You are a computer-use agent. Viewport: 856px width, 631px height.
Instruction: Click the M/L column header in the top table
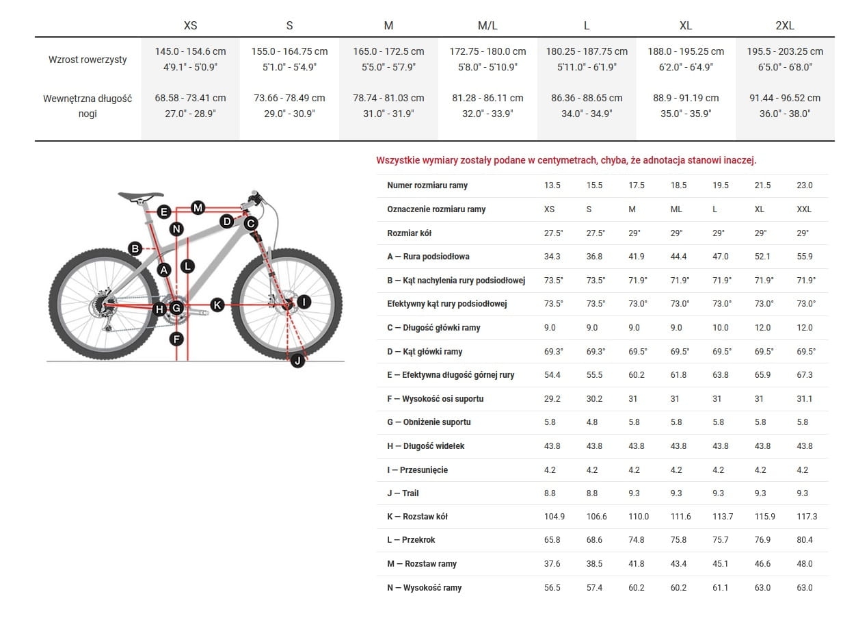point(487,26)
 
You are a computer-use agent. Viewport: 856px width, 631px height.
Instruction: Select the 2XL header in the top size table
point(785,26)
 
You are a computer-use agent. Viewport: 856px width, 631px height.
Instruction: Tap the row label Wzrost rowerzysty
point(88,60)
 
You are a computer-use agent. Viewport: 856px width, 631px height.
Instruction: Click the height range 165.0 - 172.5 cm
point(388,51)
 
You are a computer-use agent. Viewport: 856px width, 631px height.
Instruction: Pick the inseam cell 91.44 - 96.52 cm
point(785,98)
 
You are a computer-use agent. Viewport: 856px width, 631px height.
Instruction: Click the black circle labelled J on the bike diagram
point(297,361)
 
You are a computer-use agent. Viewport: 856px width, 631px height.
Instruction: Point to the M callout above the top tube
point(198,207)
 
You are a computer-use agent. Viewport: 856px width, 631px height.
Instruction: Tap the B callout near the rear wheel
point(135,248)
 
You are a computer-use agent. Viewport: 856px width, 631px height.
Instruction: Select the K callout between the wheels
point(217,305)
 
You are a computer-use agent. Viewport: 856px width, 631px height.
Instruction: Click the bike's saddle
point(141,196)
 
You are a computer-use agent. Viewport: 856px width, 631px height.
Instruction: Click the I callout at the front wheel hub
point(304,301)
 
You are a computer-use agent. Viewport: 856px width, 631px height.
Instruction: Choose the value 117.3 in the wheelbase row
point(807,517)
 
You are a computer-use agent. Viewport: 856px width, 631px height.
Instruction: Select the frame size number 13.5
point(552,185)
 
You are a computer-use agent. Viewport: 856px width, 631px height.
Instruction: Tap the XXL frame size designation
point(804,209)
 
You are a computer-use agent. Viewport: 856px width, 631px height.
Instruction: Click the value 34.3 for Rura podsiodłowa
point(552,257)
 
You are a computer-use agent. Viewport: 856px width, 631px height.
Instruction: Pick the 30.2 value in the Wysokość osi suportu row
point(594,399)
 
